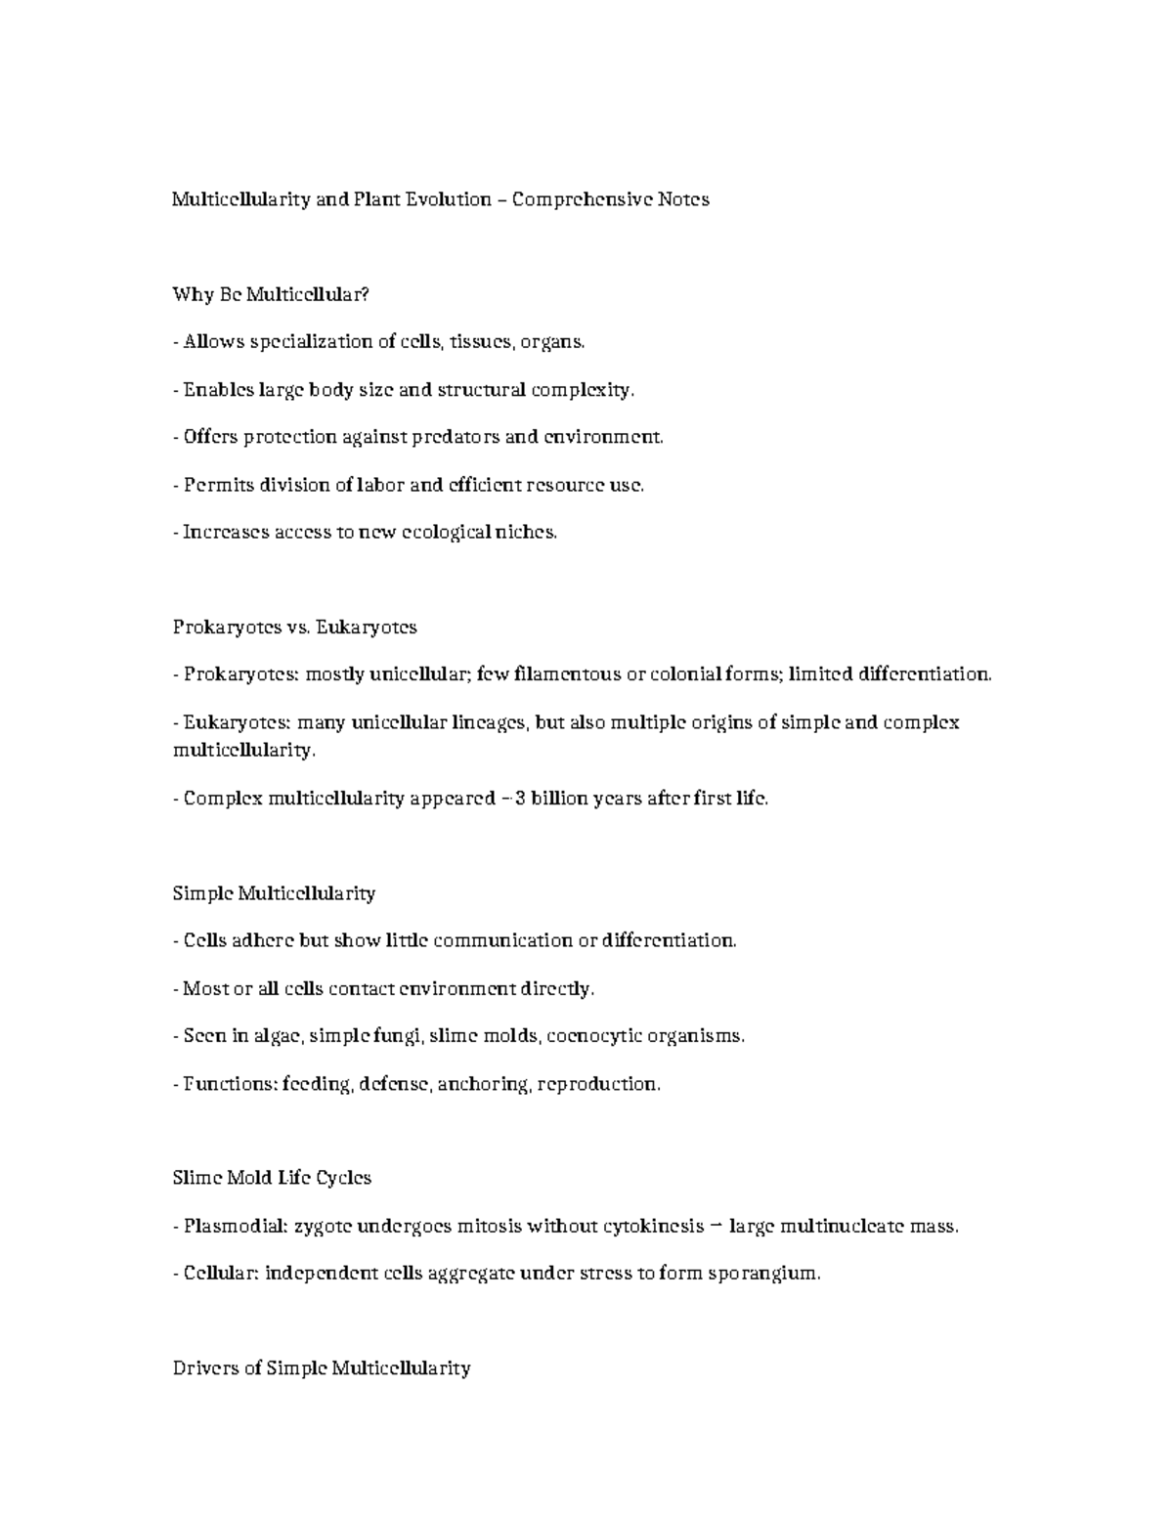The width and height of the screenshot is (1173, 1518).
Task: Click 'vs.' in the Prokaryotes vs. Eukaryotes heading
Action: click(x=298, y=627)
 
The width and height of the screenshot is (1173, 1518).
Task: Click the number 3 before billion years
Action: click(x=521, y=799)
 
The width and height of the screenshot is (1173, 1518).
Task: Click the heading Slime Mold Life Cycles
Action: click(x=272, y=1178)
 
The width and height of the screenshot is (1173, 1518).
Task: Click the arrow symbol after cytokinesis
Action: click(x=717, y=1226)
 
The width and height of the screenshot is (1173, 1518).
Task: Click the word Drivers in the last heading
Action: click(x=204, y=1368)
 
